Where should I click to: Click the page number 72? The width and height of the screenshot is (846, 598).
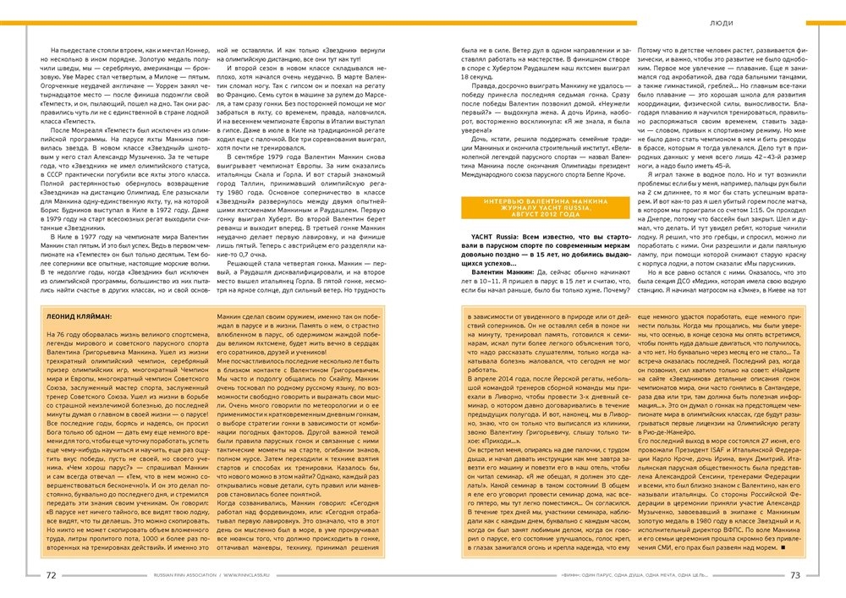tap(52, 574)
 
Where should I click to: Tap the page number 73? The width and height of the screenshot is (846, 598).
tap(794, 574)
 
